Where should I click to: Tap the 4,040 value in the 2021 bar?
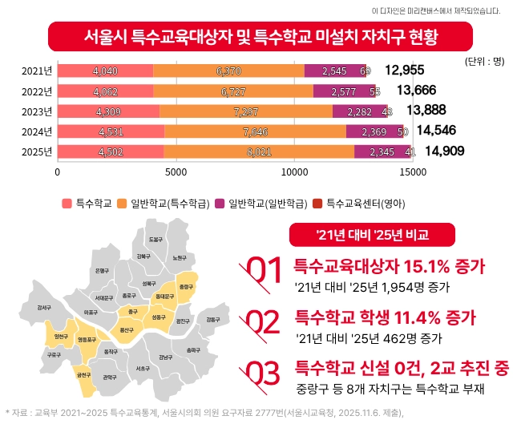click(106, 71)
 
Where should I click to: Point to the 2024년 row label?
click(37, 131)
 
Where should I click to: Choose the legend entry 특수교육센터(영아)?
click(366, 204)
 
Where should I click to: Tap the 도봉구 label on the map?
click(155, 239)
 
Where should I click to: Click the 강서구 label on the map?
click(44, 307)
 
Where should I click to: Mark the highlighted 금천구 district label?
click(83, 374)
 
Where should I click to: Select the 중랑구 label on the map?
click(186, 286)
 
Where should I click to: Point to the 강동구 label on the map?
click(212, 319)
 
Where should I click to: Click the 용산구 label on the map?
click(127, 329)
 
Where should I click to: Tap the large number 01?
click(262, 271)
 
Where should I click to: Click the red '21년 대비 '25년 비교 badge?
click(373, 234)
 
